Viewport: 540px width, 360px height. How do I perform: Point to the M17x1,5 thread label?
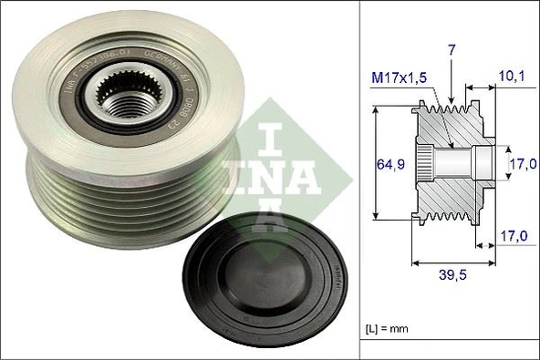[x=399, y=80]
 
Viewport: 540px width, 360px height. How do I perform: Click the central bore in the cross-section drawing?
[x=456, y=164]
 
